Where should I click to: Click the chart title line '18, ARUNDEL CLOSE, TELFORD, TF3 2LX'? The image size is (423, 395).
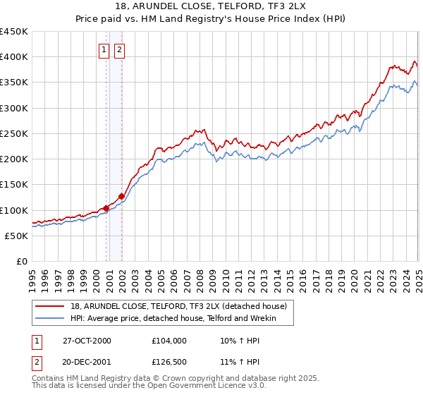point(211,6)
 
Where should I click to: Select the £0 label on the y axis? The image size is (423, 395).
point(21,262)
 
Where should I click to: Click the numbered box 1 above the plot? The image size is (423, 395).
point(104,49)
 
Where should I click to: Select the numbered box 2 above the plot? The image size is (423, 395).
point(120,49)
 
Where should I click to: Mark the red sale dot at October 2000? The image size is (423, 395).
point(106,208)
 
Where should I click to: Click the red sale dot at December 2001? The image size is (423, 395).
point(121,197)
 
